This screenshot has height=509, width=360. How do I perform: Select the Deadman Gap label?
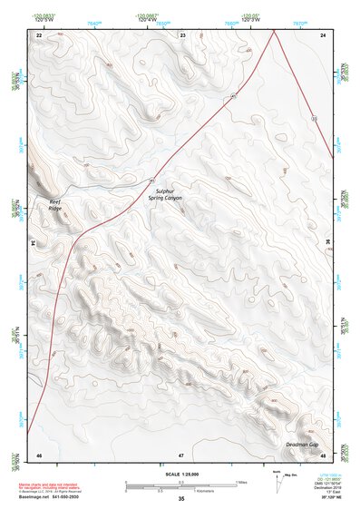(x=301, y=445)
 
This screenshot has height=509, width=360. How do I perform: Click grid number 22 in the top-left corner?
(x=39, y=34)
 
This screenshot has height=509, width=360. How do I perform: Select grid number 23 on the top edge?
(x=182, y=34)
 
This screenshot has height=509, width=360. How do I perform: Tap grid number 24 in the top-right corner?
(x=324, y=34)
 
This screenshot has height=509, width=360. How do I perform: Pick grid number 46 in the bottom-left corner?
(x=39, y=455)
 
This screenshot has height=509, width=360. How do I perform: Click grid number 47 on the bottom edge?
(x=181, y=455)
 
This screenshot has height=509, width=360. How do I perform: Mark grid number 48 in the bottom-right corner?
(x=324, y=455)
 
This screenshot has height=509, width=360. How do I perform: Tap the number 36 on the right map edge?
(x=328, y=243)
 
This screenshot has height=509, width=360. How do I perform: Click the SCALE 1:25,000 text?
(x=180, y=475)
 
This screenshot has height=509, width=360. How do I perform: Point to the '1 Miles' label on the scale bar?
(x=243, y=481)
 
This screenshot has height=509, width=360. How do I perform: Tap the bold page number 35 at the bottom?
(x=181, y=500)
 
